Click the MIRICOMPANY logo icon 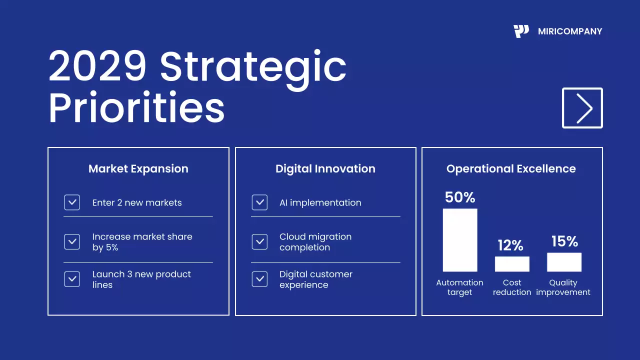[521, 31]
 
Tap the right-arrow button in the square [582, 108]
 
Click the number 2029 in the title [98, 66]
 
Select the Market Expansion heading [138, 169]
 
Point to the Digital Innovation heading [325, 169]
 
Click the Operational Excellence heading [511, 169]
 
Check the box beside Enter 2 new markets [72, 202]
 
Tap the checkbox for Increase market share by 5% [72, 241]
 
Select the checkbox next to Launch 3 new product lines [72, 279]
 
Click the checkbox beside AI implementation [259, 202]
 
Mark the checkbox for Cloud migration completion [259, 241]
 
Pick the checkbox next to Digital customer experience [259, 279]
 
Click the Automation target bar [460, 240]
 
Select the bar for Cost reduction [512, 264]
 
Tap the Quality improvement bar [564, 262]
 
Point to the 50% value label [460, 197]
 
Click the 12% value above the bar [510, 245]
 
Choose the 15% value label [564, 242]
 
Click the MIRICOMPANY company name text [570, 31]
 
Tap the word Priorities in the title [136, 108]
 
